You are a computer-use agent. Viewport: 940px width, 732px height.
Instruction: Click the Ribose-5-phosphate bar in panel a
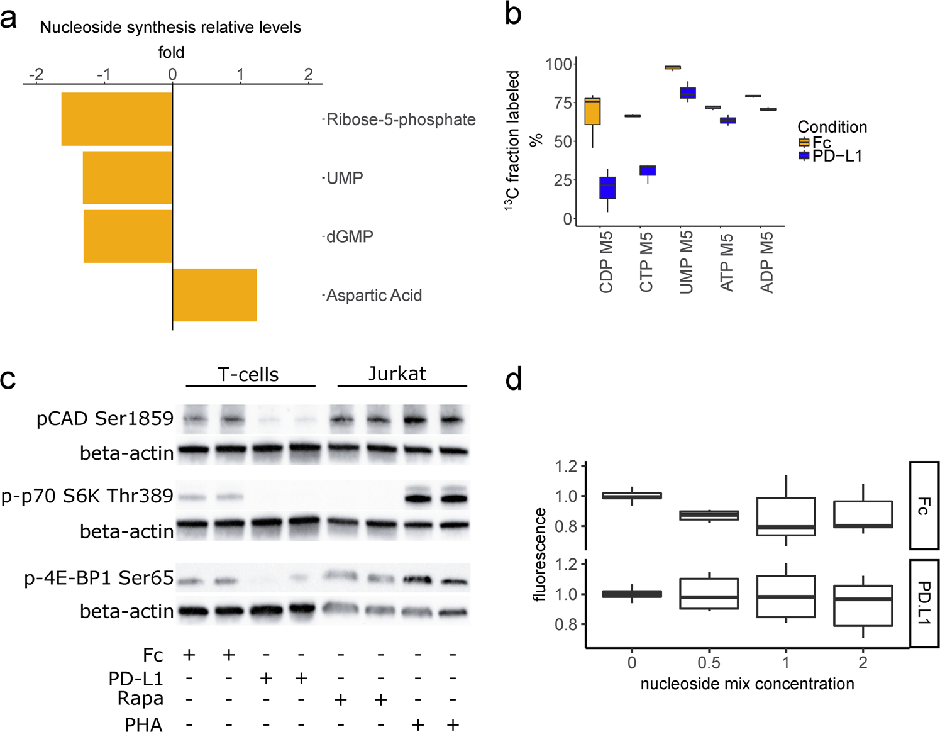pyautogui.click(x=117, y=119)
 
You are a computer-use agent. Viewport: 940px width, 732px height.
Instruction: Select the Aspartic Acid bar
pyautogui.click(x=214, y=295)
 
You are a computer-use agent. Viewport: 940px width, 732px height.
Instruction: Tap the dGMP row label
pyautogui.click(x=350, y=237)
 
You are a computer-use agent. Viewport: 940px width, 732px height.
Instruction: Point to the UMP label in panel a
pyautogui.click(x=345, y=178)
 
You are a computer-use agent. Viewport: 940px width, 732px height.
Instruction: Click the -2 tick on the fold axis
pyautogui.click(x=36, y=74)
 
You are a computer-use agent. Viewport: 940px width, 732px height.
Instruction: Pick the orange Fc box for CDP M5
pyautogui.click(x=592, y=111)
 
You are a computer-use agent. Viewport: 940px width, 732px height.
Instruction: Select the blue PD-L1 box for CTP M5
pyautogui.click(x=648, y=170)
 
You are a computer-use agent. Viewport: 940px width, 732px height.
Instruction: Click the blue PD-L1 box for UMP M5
pyautogui.click(x=688, y=93)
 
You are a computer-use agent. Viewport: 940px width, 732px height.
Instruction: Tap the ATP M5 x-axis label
pyautogui.click(x=726, y=263)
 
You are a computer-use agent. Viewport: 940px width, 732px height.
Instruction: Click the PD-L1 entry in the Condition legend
pyautogui.click(x=836, y=155)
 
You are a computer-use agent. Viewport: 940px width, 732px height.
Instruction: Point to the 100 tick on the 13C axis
pyautogui.click(x=558, y=64)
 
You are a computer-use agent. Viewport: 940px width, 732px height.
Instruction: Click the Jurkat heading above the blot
pyautogui.click(x=397, y=374)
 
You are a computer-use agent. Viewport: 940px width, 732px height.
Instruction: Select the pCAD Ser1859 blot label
pyautogui.click(x=105, y=419)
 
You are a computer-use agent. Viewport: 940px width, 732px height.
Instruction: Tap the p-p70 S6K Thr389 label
pyautogui.click(x=87, y=496)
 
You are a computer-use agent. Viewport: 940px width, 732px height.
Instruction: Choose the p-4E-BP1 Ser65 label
pyautogui.click(x=99, y=578)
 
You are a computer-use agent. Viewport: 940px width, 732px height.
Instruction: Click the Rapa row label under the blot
pyautogui.click(x=140, y=699)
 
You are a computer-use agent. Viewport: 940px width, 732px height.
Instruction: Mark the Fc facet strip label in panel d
pyautogui.click(x=923, y=506)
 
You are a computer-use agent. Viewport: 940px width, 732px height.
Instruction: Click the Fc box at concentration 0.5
pyautogui.click(x=709, y=515)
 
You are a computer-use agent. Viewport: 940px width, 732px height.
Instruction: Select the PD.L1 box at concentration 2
pyautogui.click(x=863, y=606)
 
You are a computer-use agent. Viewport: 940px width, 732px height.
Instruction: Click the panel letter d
pyautogui.click(x=514, y=380)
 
